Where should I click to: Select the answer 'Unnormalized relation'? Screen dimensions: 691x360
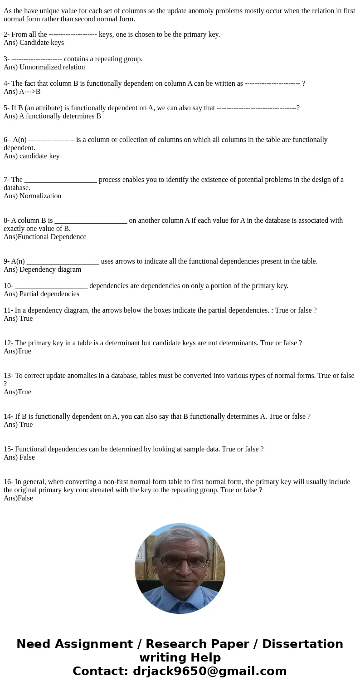tap(52, 67)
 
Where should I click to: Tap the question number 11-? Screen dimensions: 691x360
tap(8, 310)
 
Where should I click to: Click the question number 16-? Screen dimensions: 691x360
tap(8, 482)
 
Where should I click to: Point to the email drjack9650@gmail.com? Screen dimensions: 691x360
tap(209, 671)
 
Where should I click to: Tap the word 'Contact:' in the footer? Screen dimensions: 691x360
tap(101, 671)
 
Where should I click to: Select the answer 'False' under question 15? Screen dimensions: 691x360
tap(27, 457)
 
